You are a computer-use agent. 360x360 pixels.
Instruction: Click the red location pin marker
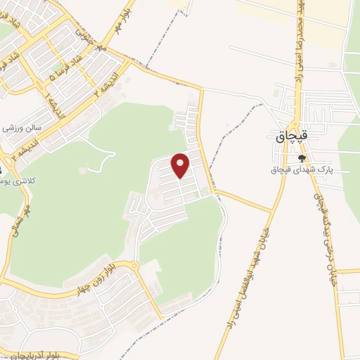[x=181, y=165]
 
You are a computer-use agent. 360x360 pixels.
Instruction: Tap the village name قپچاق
[x=290, y=138]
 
